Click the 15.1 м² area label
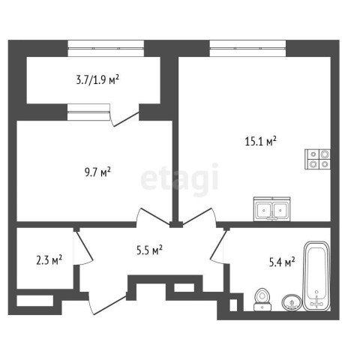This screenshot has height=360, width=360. coord(260,142)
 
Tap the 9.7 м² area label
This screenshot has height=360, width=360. coord(97,172)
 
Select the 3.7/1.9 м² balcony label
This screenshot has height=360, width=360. coord(97,80)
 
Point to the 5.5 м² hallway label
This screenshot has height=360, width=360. coord(149,250)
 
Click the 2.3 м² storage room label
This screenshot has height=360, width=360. coord(49,260)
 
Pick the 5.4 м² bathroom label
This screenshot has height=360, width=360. coord(282,262)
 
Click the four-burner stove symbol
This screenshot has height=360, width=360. coord(317,159)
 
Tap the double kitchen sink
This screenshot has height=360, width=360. coord(272,209)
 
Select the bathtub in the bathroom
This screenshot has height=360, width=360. coord(316,276)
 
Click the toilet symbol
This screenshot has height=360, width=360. coord(262,299)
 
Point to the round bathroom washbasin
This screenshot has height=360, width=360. coord(292,302)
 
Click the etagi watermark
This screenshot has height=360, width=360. coord(180,178)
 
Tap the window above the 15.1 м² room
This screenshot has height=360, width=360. coord(247,48)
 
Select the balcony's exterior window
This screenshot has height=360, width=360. coord(106,48)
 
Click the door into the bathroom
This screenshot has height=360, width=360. coord(218,247)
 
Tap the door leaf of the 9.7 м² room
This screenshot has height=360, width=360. coord(155,215)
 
